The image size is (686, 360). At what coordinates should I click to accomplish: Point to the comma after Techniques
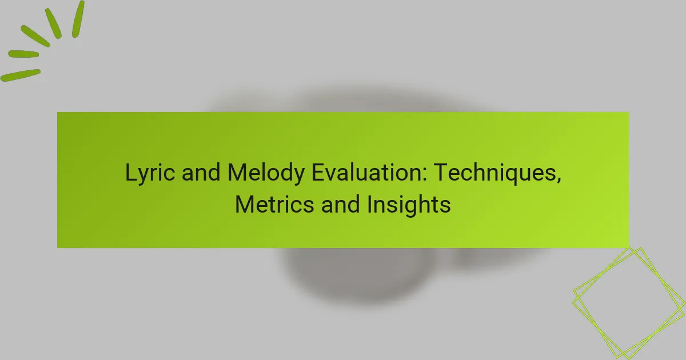pyautogui.click(x=557, y=178)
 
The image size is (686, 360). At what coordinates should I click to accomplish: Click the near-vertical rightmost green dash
pyautogui.click(x=78, y=18)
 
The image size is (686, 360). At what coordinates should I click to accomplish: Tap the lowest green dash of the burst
pyautogui.click(x=20, y=75)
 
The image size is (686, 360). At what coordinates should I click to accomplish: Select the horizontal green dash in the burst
pyautogui.click(x=23, y=54)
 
